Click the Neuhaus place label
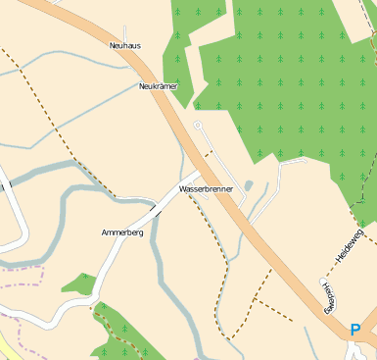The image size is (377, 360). pyautogui.click(x=124, y=45)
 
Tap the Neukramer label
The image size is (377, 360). pyautogui.click(x=159, y=86)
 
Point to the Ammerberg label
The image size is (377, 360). pyautogui.click(x=122, y=232)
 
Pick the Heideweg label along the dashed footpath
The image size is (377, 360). pyautogui.click(x=330, y=296)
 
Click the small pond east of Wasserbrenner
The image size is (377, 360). pyautogui.click(x=249, y=185)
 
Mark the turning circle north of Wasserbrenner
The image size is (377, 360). pyautogui.click(x=198, y=126)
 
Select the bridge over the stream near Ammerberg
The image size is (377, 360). pyautogui.click(x=157, y=209)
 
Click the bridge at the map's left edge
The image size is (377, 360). pyautogui.click(x=3, y=184)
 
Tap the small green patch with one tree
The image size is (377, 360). pyautogui.click(x=78, y=284)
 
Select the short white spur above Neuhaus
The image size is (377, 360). pyautogui.click(x=124, y=32)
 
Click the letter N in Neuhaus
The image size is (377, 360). pyautogui.click(x=113, y=45)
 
